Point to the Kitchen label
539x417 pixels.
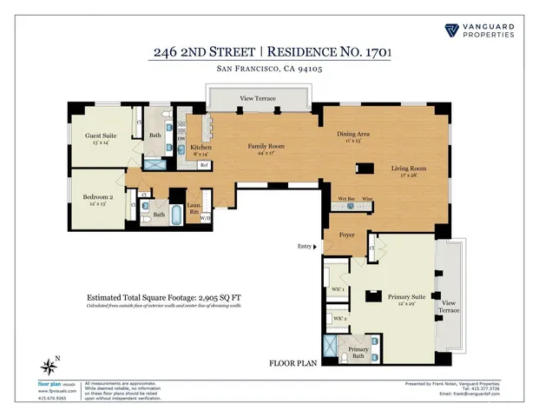pos(201,149)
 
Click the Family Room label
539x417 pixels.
pos(266,147)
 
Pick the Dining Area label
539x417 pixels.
pos(353,135)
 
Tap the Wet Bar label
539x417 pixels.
pos(345,199)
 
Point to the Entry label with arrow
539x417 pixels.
pos(306,247)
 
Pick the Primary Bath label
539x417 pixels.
pos(359,351)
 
